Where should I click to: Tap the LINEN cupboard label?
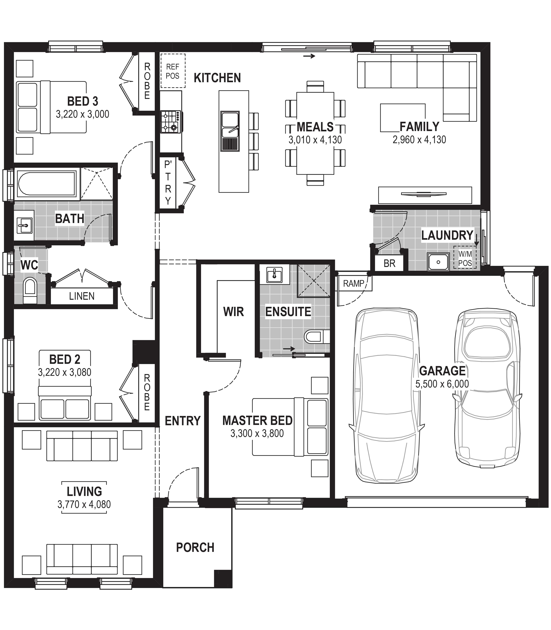tap(82, 296)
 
